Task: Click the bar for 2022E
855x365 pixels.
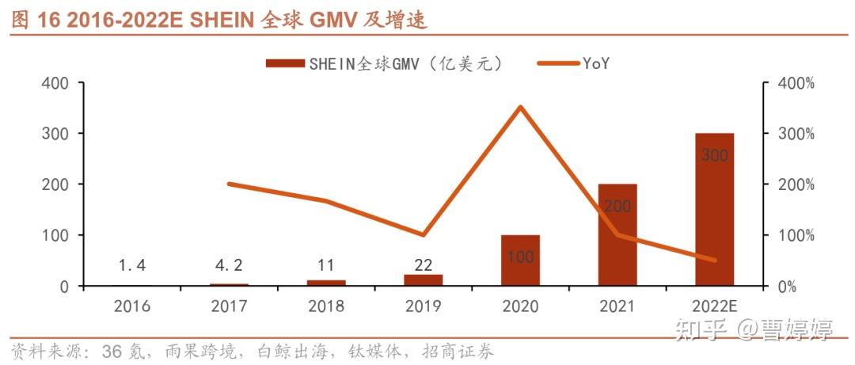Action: point(714,210)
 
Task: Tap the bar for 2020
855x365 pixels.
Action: point(520,260)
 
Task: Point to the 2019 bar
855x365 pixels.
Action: point(424,280)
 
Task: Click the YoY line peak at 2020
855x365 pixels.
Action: point(520,107)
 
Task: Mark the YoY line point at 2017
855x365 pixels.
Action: point(230,184)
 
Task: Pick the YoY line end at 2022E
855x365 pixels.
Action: point(714,260)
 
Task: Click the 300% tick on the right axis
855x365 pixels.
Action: point(794,133)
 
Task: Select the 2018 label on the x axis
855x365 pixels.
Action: point(326,306)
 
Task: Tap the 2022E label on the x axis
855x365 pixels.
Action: point(714,306)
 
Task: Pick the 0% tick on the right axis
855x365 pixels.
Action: point(788,286)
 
